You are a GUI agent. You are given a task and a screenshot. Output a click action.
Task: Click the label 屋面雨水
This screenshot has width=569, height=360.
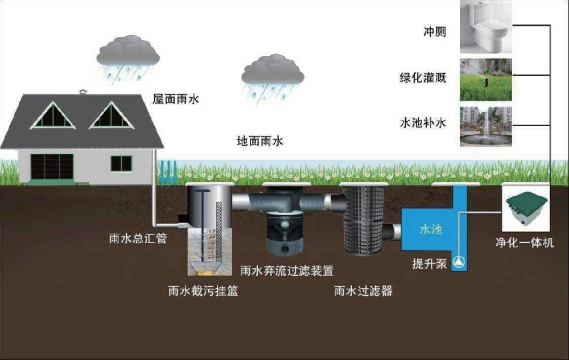click(176, 98)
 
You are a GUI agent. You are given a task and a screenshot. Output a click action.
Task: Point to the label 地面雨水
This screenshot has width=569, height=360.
click(259, 140)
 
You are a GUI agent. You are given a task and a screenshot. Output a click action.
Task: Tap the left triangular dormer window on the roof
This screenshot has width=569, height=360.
click(53, 117)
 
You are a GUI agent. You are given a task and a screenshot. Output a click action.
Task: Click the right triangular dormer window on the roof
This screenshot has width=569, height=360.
click(112, 117)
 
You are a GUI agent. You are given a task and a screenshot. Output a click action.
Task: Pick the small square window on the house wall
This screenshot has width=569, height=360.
click(121, 164)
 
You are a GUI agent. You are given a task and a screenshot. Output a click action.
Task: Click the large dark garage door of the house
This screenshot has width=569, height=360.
click(51, 166)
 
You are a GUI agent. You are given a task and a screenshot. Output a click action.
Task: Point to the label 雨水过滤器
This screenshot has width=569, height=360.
click(364, 292)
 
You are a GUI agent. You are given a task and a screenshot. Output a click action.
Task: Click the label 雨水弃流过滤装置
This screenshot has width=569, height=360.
click(287, 271)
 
